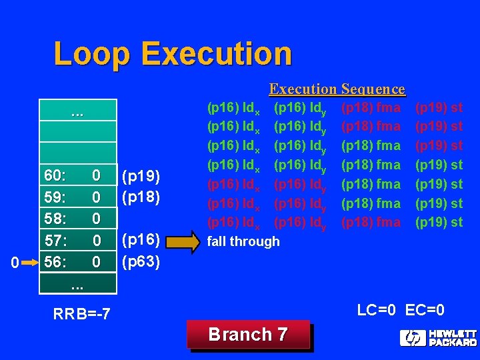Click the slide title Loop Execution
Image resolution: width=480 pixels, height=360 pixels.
click(173, 53)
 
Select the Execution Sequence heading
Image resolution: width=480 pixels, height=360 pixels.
click(337, 89)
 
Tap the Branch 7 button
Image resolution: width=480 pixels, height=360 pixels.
click(248, 335)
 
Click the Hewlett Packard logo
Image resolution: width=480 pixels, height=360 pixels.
click(438, 337)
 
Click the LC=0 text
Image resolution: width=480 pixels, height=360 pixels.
click(377, 310)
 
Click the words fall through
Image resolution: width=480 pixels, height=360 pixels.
click(244, 241)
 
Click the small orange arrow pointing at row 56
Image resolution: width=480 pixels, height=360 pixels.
click(29, 263)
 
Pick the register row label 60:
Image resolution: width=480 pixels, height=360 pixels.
click(55, 176)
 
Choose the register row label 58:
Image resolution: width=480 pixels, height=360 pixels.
click(55, 219)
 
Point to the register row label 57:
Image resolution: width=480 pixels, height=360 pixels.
click(55, 240)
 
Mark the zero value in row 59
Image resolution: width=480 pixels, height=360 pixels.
click(97, 197)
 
